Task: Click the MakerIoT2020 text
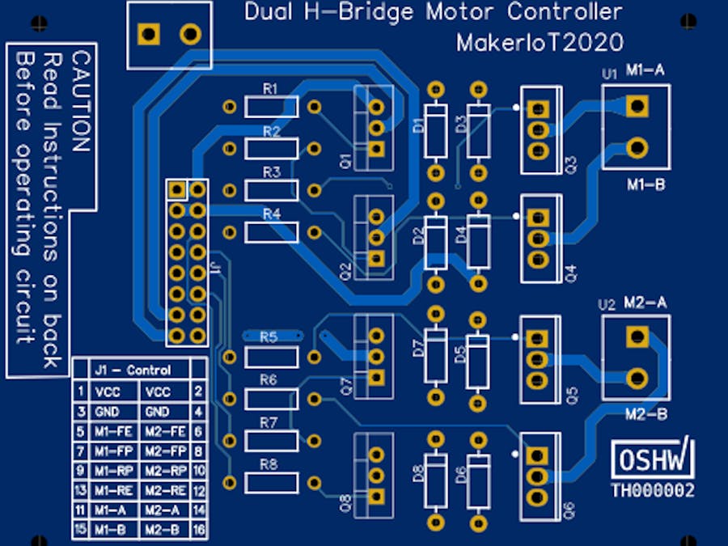pos(540,42)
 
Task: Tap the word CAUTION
pos(80,102)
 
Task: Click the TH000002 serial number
pos(653,489)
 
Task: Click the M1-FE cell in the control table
pos(112,431)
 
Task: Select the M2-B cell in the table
pos(165,530)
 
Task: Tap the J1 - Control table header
pos(132,370)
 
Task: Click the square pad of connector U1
pos(637,105)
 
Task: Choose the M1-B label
pos(645,185)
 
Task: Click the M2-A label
pos(645,303)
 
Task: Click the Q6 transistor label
pos(569,509)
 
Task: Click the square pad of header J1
pos(177,190)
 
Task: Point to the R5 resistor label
pos(269,336)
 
